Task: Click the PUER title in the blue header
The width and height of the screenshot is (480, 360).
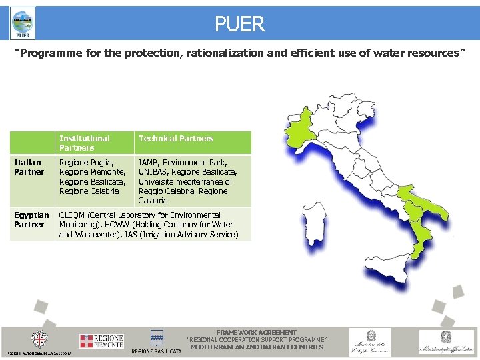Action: pyautogui.click(x=239, y=25)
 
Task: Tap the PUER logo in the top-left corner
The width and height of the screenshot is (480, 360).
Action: pyautogui.click(x=23, y=25)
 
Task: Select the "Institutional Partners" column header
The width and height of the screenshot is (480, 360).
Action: pyautogui.click(x=85, y=143)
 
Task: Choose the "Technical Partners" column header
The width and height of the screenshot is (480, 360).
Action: pyautogui.click(x=175, y=139)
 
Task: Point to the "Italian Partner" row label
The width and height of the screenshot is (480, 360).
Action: pyautogui.click(x=29, y=167)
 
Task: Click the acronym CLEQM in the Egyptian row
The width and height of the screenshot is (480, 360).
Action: pyautogui.click(x=73, y=215)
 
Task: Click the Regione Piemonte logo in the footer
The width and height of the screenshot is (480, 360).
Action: pyautogui.click(x=101, y=341)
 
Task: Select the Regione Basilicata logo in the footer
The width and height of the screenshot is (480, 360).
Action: pyautogui.click(x=157, y=341)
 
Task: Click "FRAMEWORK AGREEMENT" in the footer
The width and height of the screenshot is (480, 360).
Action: pyautogui.click(x=257, y=332)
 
